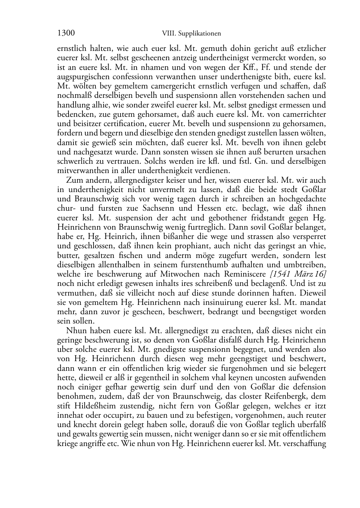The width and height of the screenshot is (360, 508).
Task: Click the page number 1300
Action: (66, 33)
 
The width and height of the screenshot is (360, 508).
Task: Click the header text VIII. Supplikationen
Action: (191, 34)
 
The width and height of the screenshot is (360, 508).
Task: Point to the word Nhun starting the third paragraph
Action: (76, 330)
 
